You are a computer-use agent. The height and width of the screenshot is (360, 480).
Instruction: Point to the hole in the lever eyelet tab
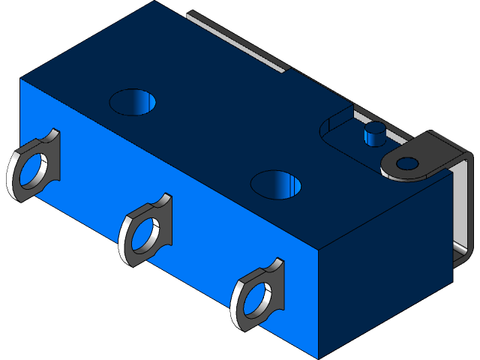coord(407,163)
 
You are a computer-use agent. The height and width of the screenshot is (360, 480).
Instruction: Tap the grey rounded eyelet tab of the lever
coord(424,154)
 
